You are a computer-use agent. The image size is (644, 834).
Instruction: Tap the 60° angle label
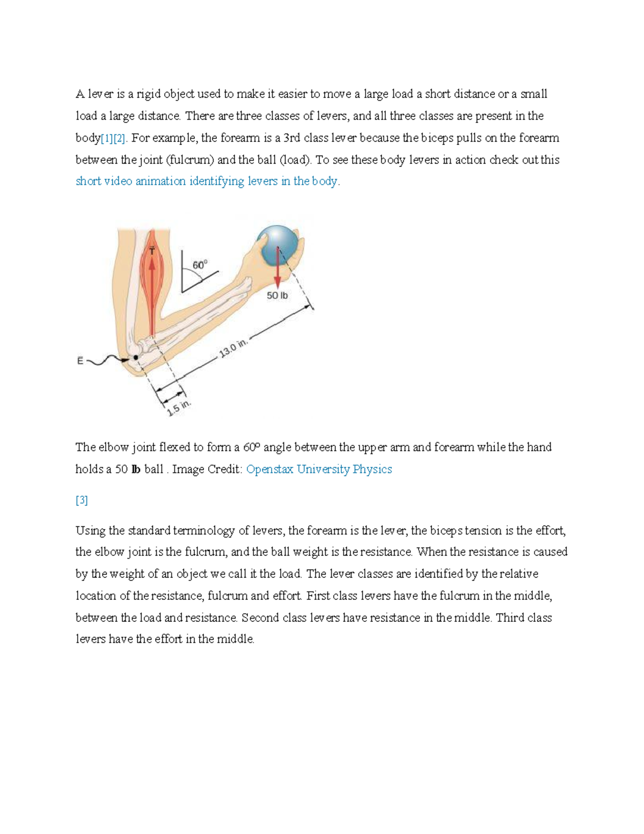200,265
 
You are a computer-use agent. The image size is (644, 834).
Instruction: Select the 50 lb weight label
277,295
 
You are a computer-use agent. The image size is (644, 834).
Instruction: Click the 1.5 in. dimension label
179,408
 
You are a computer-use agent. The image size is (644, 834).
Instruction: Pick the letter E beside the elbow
80,361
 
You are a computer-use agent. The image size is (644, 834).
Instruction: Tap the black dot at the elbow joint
136,357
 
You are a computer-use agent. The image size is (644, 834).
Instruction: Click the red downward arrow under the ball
277,269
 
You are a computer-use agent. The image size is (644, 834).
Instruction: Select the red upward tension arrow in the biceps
152,290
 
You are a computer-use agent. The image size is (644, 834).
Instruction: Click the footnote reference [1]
107,139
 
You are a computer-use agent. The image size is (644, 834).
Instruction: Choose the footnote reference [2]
119,139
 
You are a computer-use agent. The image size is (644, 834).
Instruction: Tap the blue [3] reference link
82,501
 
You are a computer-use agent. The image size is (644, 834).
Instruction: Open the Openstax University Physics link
319,469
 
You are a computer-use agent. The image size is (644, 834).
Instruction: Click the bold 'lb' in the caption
136,469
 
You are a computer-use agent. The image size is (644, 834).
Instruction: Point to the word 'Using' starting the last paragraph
91,531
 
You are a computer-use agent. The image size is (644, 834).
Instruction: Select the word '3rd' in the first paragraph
291,138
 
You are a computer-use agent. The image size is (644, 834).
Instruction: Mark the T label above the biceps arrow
152,250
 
